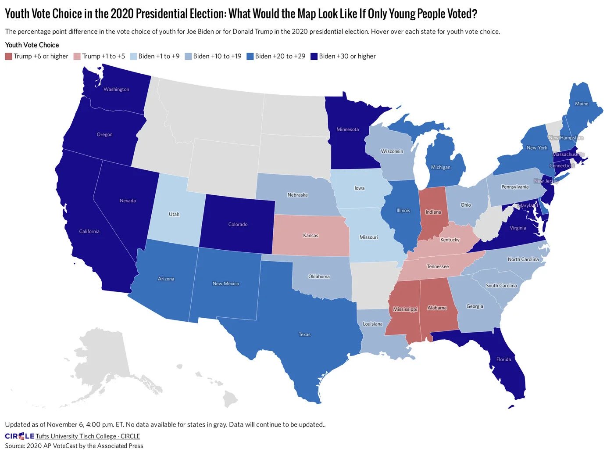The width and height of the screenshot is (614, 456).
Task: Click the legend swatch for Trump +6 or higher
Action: coord(8,57)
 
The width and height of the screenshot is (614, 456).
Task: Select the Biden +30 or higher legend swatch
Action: coord(314,57)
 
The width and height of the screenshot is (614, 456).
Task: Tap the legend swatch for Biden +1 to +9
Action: coord(133,57)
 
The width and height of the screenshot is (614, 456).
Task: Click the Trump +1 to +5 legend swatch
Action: coord(77,57)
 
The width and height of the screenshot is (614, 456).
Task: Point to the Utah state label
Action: coord(174,214)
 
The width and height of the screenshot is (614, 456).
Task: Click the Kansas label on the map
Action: coord(311,236)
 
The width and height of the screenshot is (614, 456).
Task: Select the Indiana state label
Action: coord(433,212)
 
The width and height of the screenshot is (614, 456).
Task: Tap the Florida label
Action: coord(503,359)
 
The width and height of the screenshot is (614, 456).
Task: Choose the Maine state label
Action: coord(582,104)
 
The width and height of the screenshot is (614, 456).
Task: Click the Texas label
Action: coord(304,334)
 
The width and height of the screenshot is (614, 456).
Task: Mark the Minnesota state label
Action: coord(347,129)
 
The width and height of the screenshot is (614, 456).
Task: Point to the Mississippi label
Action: coord(405,309)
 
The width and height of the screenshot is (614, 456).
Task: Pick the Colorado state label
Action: coord(238,224)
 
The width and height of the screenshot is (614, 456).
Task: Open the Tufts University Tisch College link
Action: coord(88,436)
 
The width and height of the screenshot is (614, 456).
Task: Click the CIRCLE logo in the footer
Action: coord(19,436)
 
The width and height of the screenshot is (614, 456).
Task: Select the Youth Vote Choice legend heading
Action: coord(32,45)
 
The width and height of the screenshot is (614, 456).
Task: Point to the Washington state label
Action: coord(116,90)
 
